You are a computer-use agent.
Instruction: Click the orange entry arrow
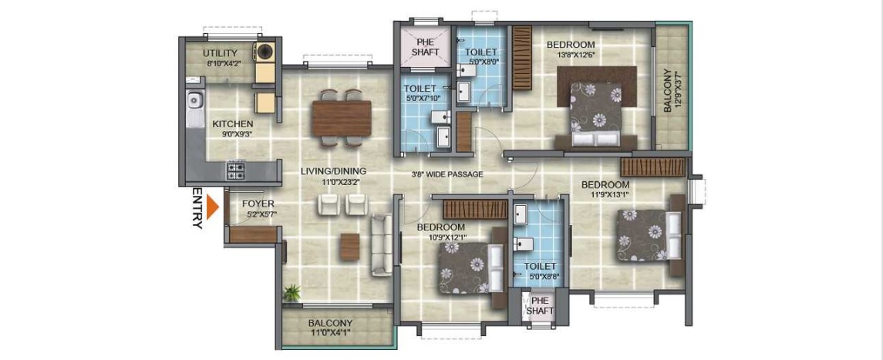click(x=212, y=207)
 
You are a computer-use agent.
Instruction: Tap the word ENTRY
click(x=197, y=208)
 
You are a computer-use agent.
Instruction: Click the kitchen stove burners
click(x=236, y=170)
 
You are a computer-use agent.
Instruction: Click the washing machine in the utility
click(x=264, y=52)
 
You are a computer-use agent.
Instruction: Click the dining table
click(x=342, y=118)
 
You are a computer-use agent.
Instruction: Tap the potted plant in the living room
click(x=292, y=292)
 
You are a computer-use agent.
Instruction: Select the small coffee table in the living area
click(x=349, y=247)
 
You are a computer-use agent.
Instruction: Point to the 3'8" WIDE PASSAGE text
click(x=447, y=174)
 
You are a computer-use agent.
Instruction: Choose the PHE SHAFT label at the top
click(x=425, y=47)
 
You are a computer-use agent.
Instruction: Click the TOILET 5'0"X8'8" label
click(x=540, y=271)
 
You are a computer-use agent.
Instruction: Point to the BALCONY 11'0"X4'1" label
click(x=331, y=328)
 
